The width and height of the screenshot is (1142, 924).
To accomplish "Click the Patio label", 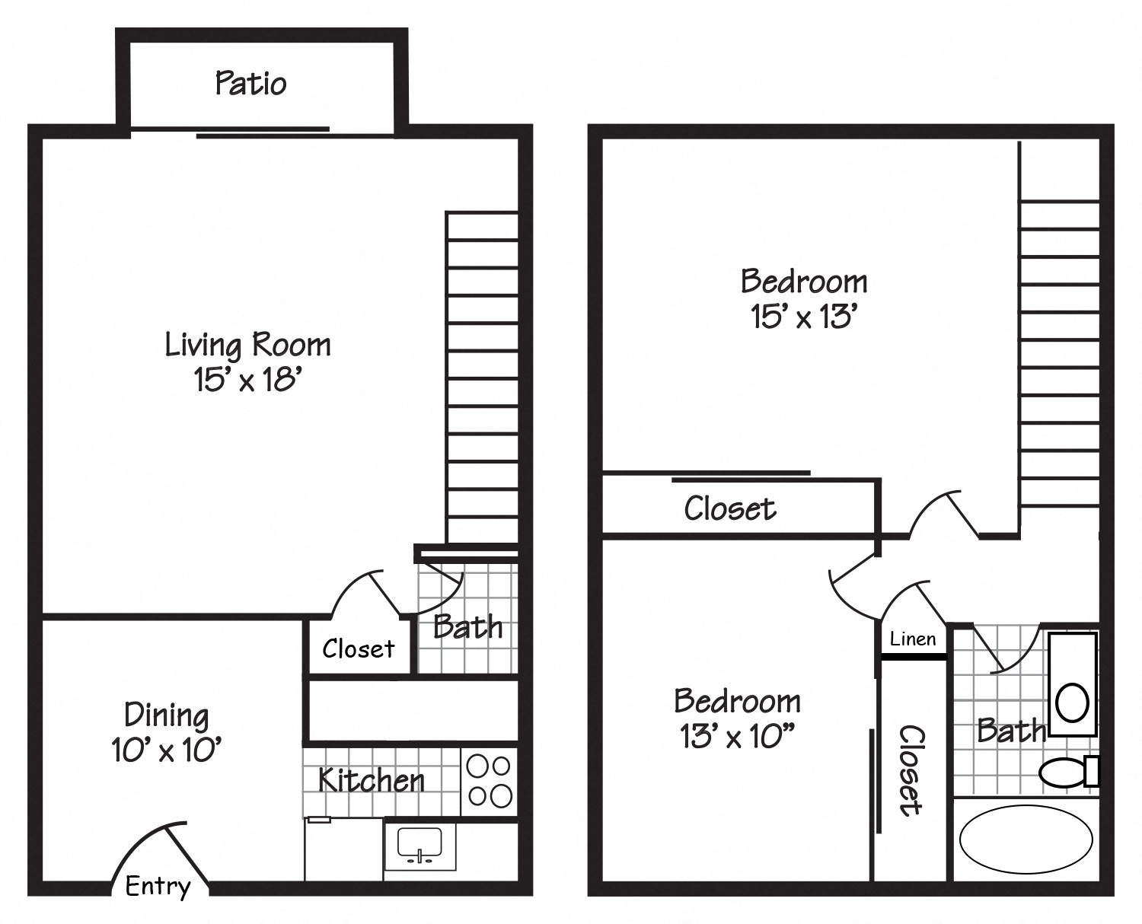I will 250,83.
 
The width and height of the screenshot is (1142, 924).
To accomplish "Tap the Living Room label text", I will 248,345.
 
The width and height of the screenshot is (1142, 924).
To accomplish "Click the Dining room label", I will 167,715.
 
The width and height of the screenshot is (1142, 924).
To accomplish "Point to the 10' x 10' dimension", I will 167,750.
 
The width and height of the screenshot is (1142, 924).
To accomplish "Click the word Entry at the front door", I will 158,886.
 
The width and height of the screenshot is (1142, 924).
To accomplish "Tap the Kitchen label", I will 372,780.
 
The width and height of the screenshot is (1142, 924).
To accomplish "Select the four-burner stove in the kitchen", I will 490,780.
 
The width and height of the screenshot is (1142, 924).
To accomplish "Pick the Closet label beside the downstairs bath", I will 358,649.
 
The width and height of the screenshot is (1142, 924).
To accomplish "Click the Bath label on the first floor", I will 467,627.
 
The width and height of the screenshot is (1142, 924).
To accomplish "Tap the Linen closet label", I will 913,639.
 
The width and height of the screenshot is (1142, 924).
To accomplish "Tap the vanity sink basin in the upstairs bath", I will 1073,702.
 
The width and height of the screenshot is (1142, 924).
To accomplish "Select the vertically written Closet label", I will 911,770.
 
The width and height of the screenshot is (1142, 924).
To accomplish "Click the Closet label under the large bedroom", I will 729,508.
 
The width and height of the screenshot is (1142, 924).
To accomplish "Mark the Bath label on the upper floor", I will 1011,731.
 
